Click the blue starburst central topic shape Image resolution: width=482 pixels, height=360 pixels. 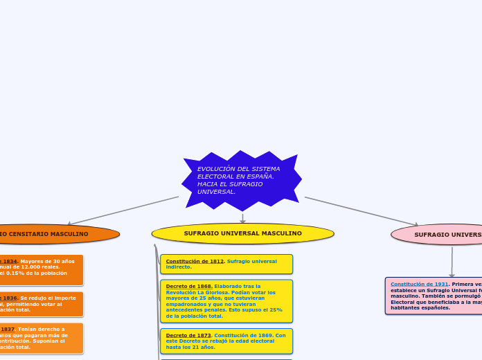coord(241,181)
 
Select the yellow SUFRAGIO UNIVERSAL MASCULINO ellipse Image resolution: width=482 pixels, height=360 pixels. coord(242,233)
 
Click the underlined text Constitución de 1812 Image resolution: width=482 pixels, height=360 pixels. coord(195,261)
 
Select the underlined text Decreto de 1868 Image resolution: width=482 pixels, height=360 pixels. coord(188,286)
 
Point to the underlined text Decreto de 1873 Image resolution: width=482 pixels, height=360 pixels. coord(188,335)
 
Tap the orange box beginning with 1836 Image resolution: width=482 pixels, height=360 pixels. coord(42,304)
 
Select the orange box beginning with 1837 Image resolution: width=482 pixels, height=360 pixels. coord(42,338)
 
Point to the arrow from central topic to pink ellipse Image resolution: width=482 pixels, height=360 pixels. coord(361,210)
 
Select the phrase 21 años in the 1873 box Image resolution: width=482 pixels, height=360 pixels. coord(205,347)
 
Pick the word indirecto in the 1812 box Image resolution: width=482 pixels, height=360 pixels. coord(179,267)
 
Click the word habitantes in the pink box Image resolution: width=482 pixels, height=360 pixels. coord(407,307)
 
